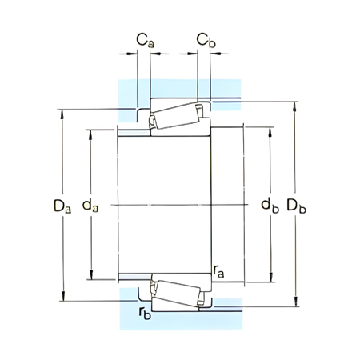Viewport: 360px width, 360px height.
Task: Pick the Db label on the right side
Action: click(x=298, y=206)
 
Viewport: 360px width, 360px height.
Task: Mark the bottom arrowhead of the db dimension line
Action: click(x=270, y=283)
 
